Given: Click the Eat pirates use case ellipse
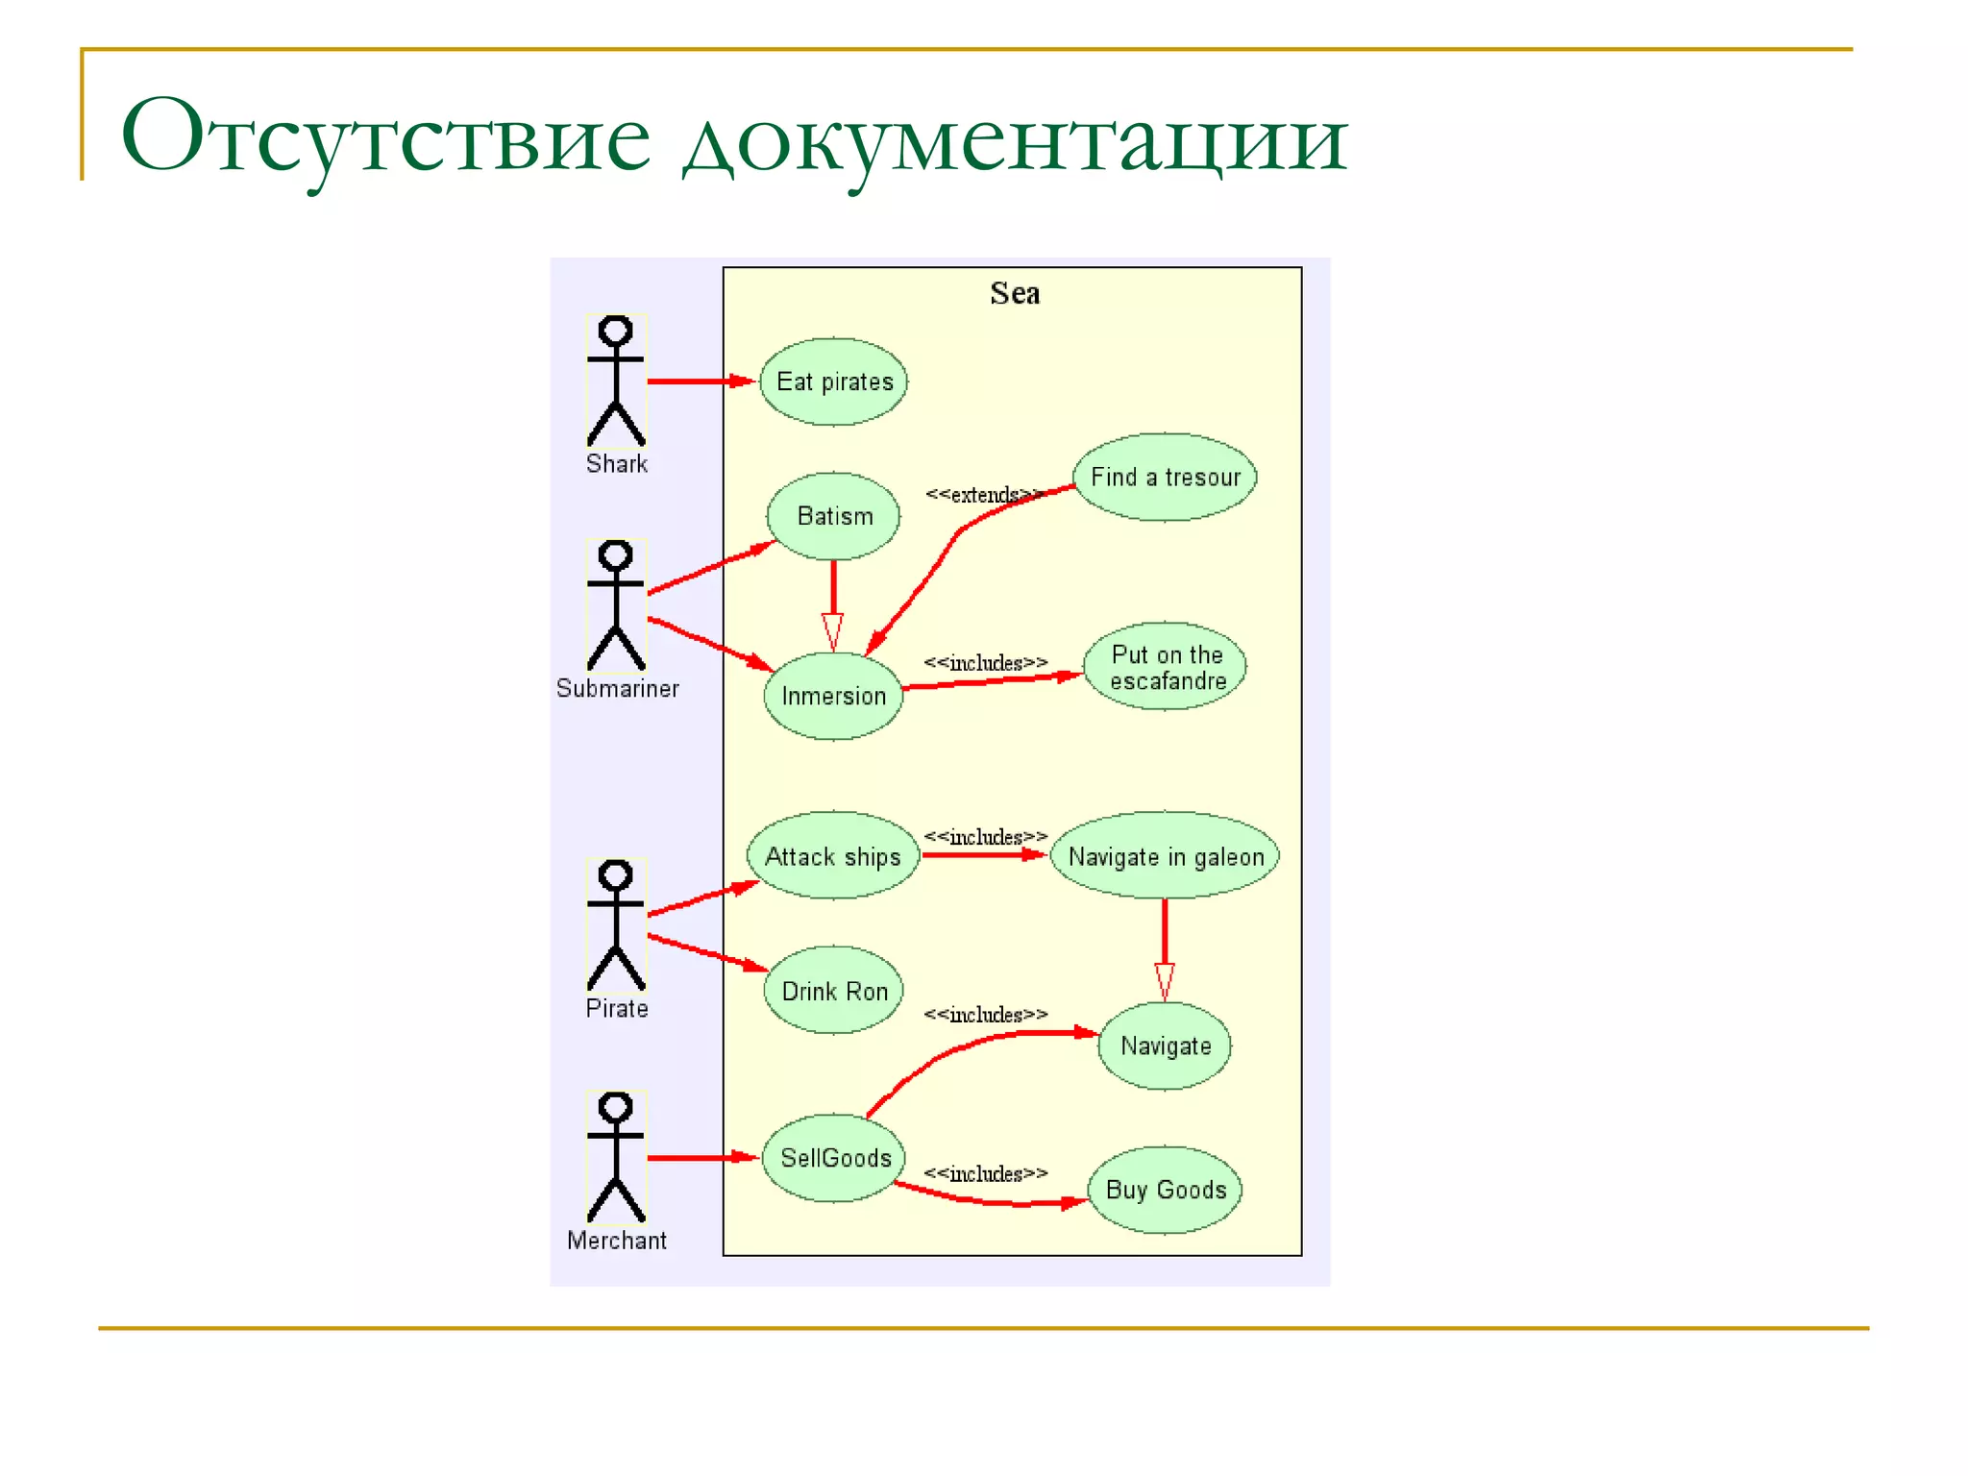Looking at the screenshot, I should coord(833,381).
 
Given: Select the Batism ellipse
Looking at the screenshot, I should coord(833,516).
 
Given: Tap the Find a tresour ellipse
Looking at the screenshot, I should coord(1165,477).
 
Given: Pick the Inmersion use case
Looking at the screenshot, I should coord(833,696).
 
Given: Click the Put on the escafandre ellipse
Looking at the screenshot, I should coord(1165,667).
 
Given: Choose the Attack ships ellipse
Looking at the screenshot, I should coord(833,856).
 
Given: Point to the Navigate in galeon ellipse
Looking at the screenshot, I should coord(1165,856).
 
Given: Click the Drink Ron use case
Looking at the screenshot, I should coord(833,991).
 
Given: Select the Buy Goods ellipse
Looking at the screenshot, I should coord(1165,1190).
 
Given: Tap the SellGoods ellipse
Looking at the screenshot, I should coord(833,1158).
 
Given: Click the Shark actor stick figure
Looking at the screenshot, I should coord(616,381).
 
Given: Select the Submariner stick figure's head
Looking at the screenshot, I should coord(616,554).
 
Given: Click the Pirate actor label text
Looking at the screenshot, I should coord(617,1009).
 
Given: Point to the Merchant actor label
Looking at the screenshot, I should coord(617,1241).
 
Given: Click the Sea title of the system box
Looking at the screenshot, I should coord(1015,293).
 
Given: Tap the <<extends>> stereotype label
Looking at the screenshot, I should coord(982,495).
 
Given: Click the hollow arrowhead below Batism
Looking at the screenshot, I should coord(833,632).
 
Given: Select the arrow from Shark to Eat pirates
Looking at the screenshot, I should coord(700,381).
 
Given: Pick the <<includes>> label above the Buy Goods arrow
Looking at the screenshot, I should coord(985,1174).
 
